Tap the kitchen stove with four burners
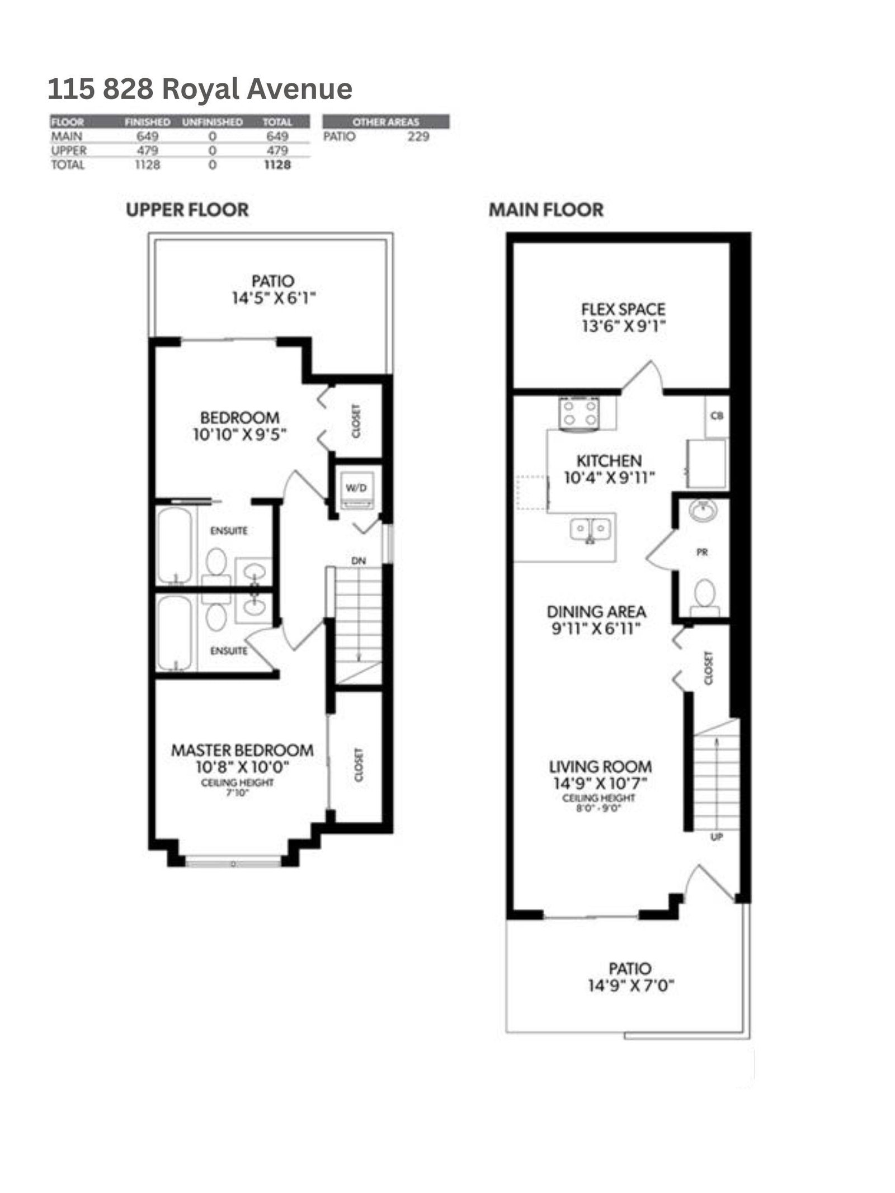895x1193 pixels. point(579,414)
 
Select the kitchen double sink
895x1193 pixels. point(591,529)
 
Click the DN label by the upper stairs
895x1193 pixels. point(359,560)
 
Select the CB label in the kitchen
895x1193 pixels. point(717,416)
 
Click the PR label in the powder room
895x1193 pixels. point(703,552)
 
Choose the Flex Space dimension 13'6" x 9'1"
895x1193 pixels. point(623,327)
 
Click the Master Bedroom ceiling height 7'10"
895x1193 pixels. point(237,792)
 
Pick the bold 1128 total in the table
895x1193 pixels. point(277,165)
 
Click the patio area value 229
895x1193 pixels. point(418,136)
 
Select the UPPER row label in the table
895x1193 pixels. point(69,150)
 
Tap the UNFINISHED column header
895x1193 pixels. point(213,122)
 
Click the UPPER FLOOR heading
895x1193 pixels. point(187,210)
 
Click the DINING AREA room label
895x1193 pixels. point(596,612)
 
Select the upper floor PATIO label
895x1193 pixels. point(273,281)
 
